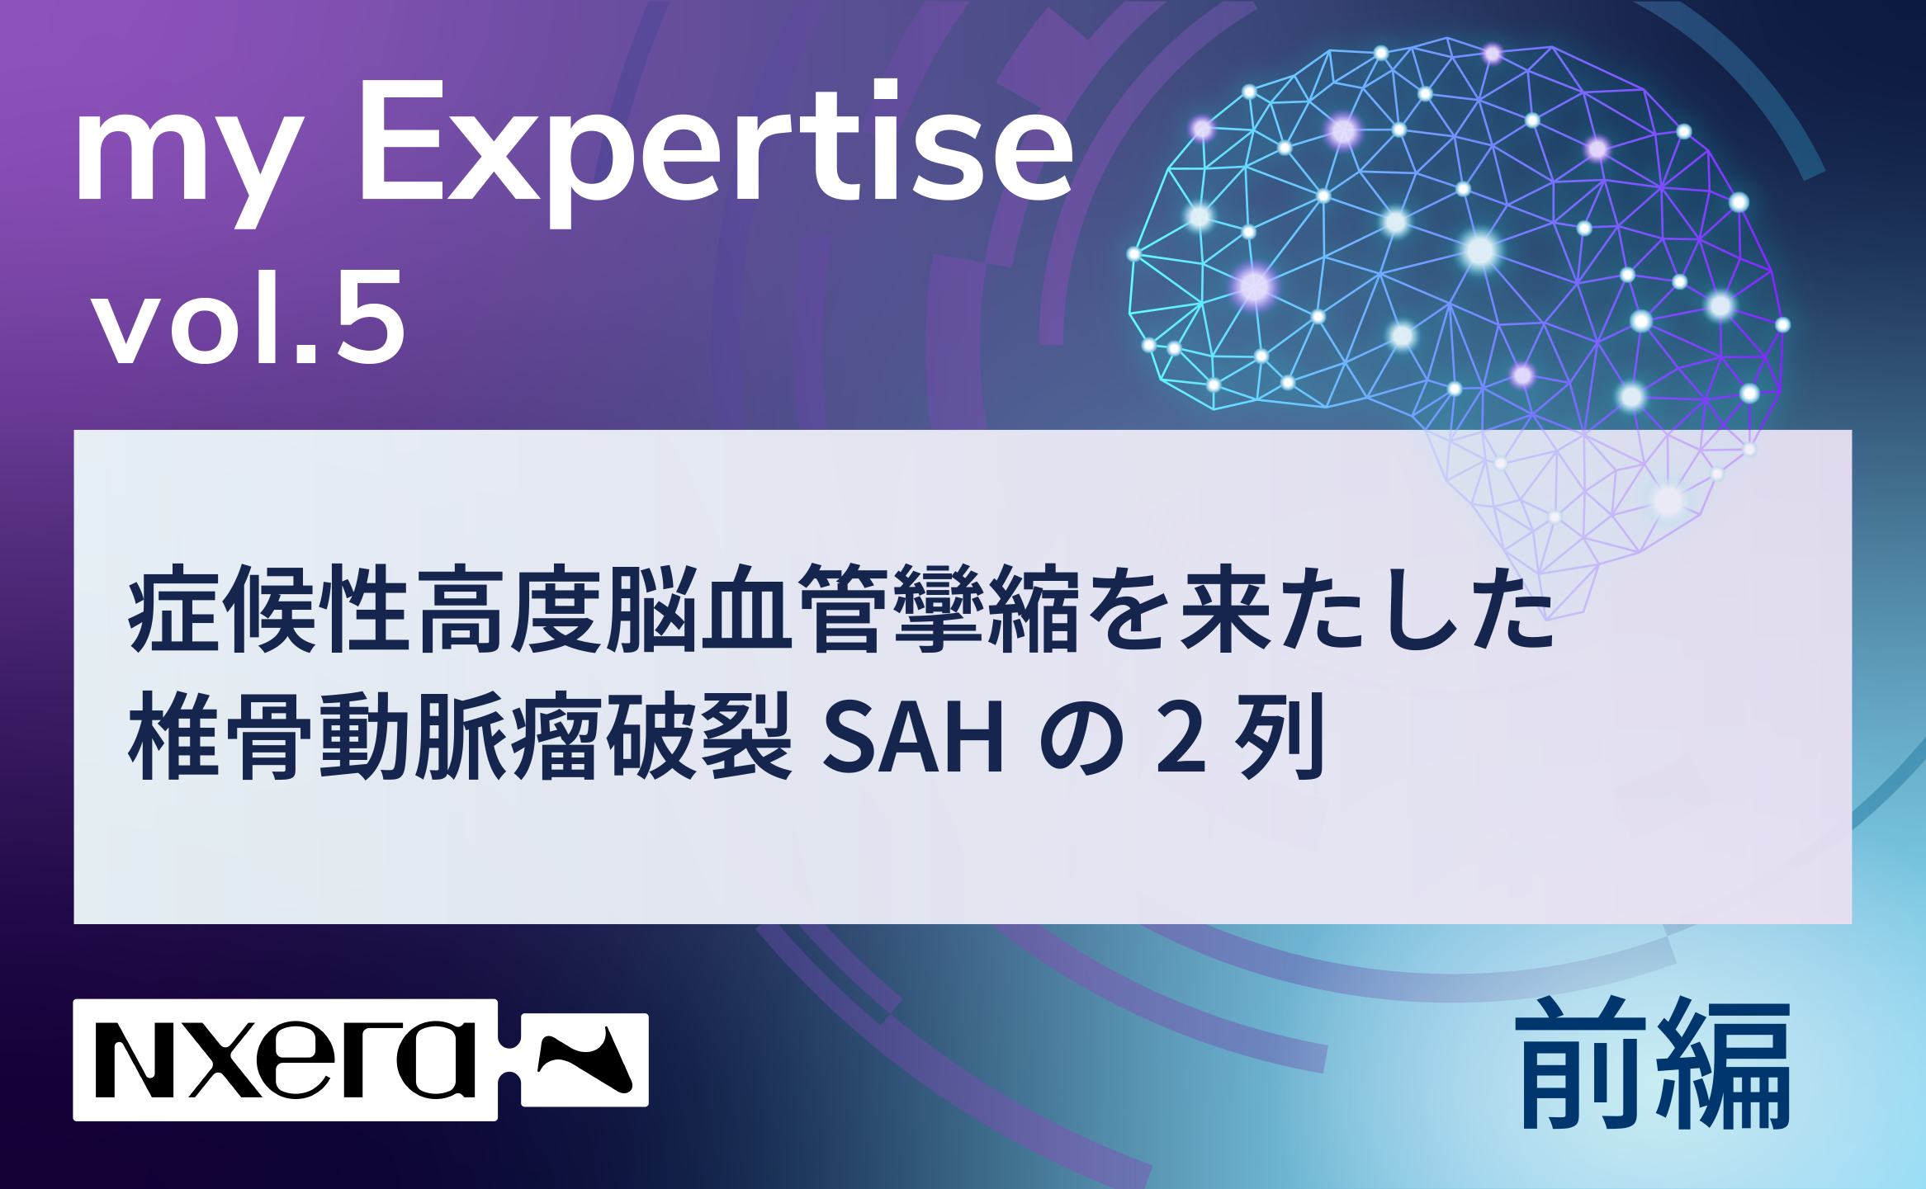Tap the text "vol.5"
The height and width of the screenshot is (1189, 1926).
pyautogui.click(x=248, y=318)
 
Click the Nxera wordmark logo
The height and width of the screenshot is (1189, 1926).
pyautogui.click(x=286, y=1059)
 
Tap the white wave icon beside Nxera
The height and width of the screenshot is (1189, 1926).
pyautogui.click(x=584, y=1059)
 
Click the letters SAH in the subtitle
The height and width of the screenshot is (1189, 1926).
pyautogui.click(x=913, y=736)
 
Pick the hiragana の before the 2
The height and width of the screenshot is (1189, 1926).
pyautogui.click(x=1081, y=738)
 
